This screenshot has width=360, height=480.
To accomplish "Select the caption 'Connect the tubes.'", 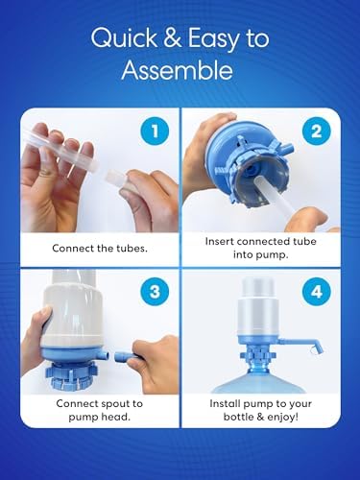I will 99,247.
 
